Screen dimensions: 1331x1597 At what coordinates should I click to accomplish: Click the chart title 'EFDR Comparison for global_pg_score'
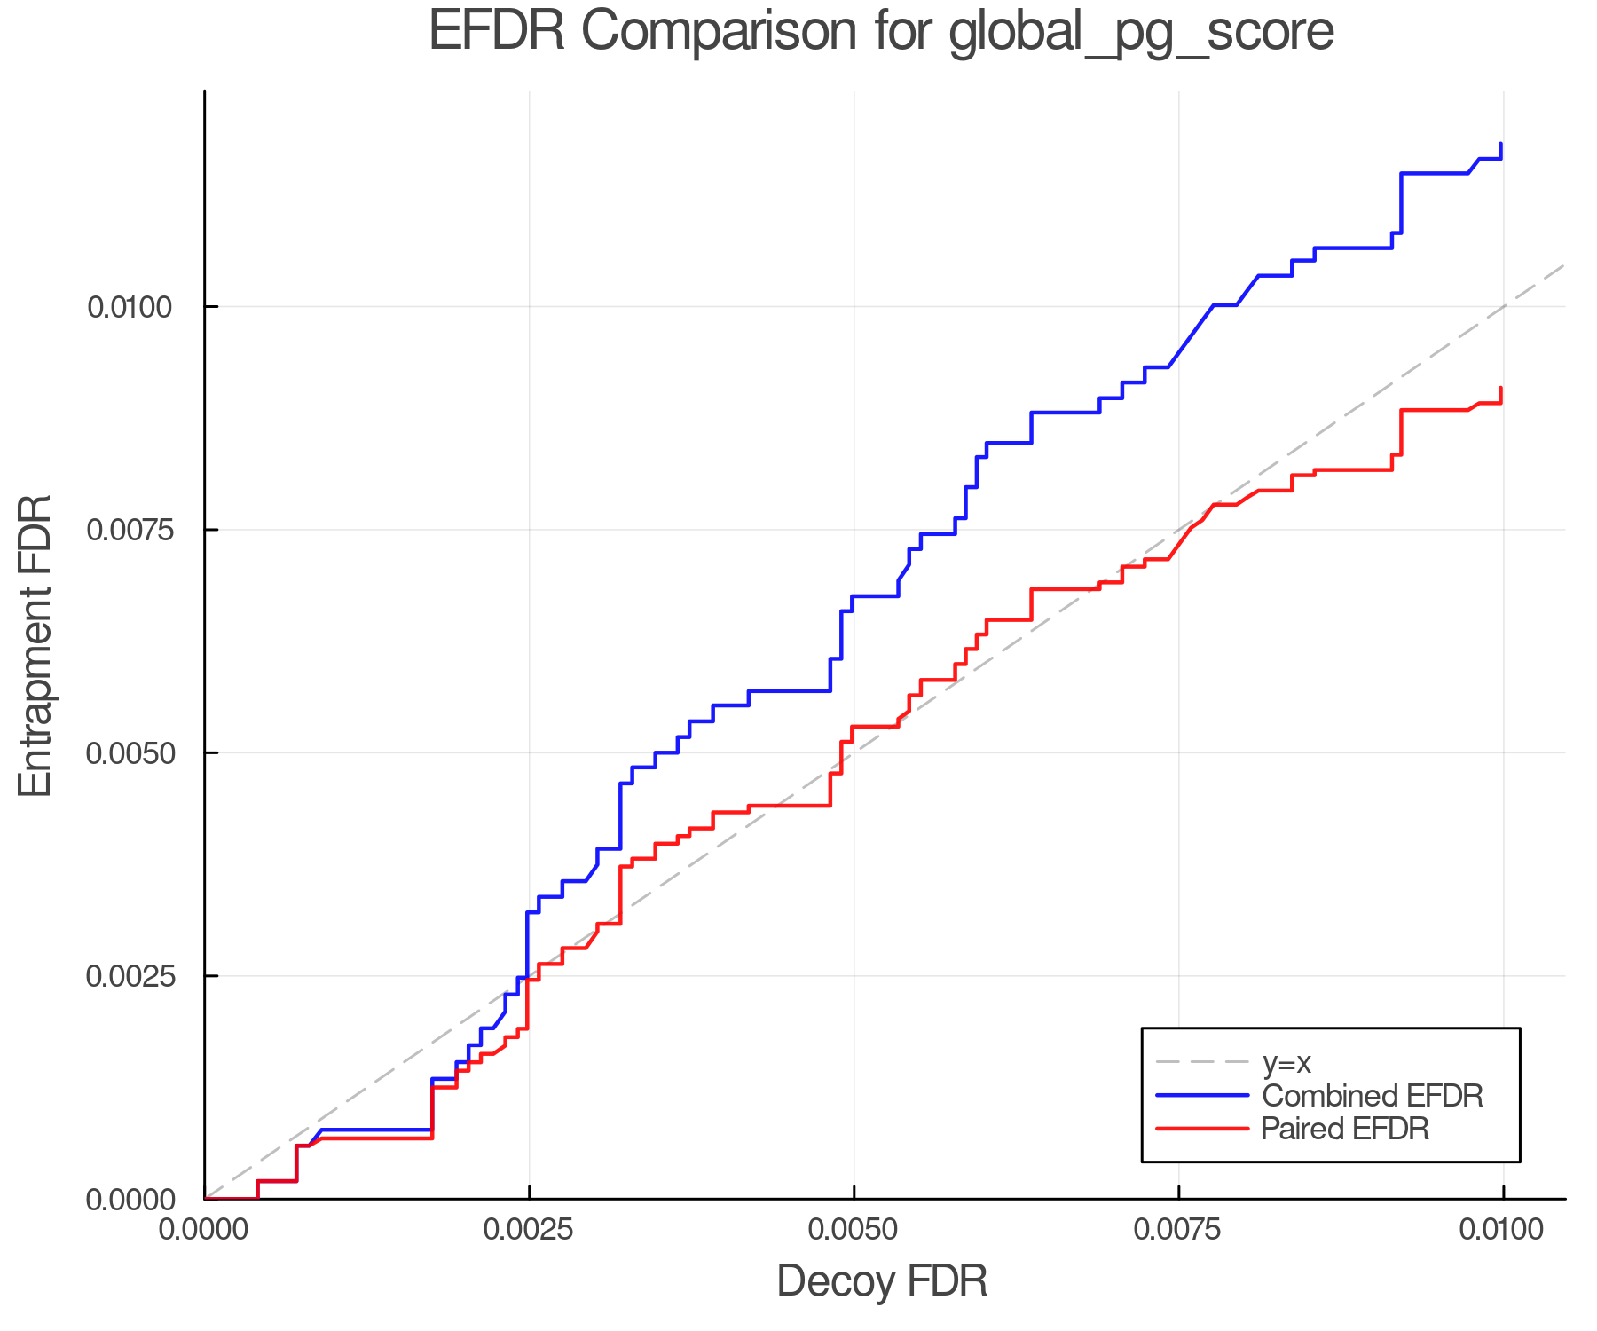coord(881,32)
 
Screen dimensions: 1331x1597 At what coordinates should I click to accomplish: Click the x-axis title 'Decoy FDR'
coord(882,1281)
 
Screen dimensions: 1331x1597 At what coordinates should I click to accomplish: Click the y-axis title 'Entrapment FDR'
coord(35,645)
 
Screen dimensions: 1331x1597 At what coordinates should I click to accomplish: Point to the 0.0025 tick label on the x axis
coord(529,1230)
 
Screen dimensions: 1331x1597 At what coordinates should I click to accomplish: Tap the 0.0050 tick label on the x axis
coord(854,1230)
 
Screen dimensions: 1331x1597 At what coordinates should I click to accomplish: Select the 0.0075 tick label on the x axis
coord(1178,1230)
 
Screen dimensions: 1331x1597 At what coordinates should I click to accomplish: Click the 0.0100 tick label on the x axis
coord(1503,1230)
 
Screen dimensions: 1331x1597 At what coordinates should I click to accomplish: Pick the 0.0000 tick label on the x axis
coord(204,1230)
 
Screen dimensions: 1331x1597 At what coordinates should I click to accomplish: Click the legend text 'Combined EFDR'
coord(1372,1096)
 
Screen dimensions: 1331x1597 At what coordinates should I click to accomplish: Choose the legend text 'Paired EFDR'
coord(1345,1129)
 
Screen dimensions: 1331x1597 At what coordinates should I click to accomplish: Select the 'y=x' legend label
coord(1286,1062)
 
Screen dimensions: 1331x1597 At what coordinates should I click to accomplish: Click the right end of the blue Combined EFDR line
coord(1501,144)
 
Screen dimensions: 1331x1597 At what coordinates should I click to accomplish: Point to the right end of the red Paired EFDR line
coord(1501,389)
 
